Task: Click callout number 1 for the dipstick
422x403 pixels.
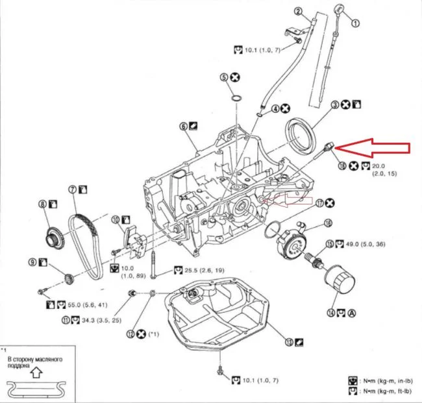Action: pos(355,22)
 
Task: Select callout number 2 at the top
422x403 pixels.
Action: pos(298,11)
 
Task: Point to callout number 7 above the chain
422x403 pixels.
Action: pos(72,189)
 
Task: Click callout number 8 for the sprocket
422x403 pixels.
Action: pos(43,204)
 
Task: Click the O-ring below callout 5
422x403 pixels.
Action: pos(238,98)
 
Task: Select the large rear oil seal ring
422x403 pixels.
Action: pos(303,134)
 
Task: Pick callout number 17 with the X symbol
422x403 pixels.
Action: pos(320,204)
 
